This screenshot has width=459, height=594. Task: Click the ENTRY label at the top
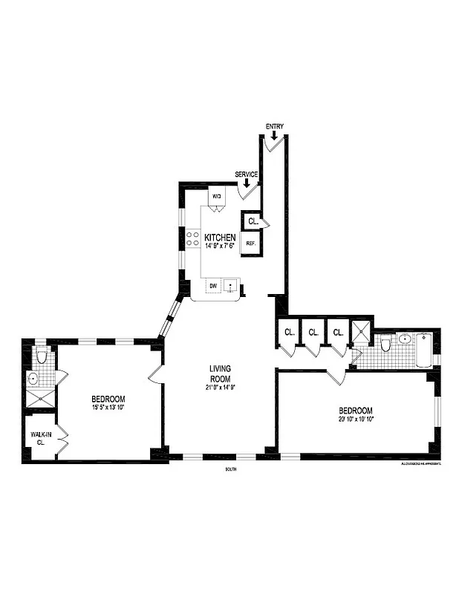(274, 126)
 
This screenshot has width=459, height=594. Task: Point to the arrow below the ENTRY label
(274, 134)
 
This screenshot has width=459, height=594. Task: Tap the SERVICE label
(247, 174)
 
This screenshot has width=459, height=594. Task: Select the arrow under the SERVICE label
(247, 183)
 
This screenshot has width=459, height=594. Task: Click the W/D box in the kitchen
(217, 196)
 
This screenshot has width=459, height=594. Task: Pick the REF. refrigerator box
(251, 244)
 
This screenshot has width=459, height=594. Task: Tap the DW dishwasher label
(213, 286)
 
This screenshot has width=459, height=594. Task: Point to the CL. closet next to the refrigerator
(253, 221)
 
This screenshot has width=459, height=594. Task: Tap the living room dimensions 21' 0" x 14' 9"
(221, 387)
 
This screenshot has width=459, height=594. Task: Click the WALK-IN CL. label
(38, 437)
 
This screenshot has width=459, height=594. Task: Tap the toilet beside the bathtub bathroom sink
(385, 345)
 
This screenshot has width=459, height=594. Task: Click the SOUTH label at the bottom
(230, 469)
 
